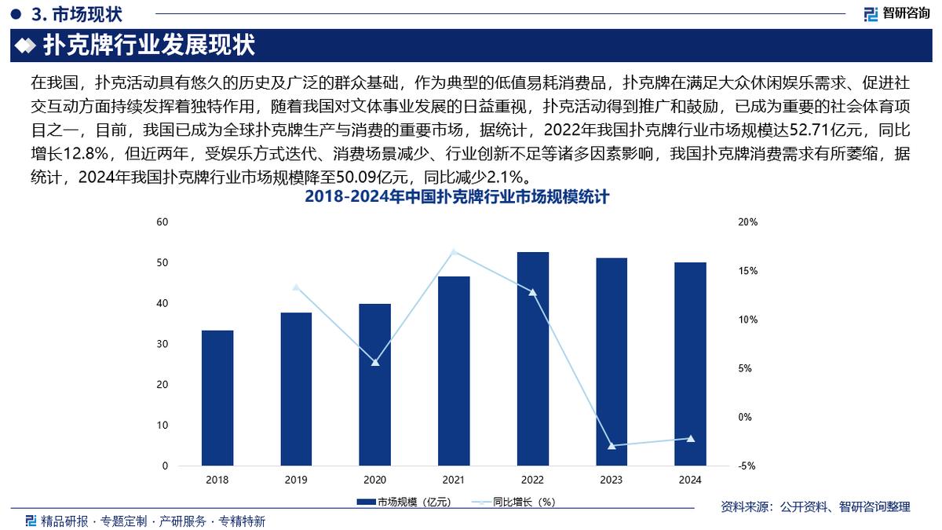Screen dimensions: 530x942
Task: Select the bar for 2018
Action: pyautogui.click(x=217, y=398)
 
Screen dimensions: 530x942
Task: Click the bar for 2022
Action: pyautogui.click(x=532, y=359)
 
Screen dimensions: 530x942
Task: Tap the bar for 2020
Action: pyautogui.click(x=375, y=385)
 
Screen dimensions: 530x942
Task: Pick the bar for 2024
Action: pyautogui.click(x=690, y=364)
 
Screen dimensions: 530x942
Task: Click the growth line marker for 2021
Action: pyautogui.click(x=454, y=251)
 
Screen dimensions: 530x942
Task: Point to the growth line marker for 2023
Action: pyautogui.click(x=612, y=446)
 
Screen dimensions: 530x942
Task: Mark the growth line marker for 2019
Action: pyautogui.click(x=296, y=287)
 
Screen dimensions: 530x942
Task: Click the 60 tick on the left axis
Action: pyautogui.click(x=163, y=222)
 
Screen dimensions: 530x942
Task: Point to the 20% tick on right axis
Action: pyautogui.click(x=748, y=222)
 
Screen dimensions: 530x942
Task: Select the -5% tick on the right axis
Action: pyautogui.click(x=747, y=466)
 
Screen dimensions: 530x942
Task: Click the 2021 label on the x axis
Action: pyautogui.click(x=454, y=480)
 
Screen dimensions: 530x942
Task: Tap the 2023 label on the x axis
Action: pyautogui.click(x=612, y=480)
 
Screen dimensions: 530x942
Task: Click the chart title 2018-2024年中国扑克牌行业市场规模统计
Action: pyautogui.click(x=457, y=198)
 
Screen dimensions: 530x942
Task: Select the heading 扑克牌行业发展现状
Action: pyautogui.click(x=148, y=46)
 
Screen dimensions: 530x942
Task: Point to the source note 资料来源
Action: pyautogui.click(x=815, y=507)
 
